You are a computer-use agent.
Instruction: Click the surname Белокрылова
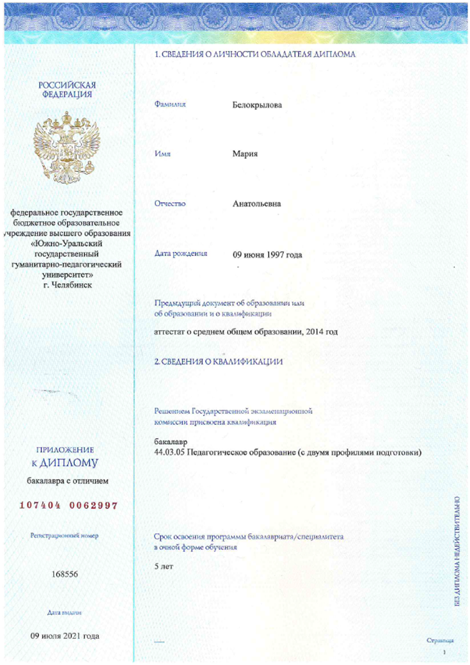pos(257,105)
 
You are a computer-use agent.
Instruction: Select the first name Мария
pos(245,154)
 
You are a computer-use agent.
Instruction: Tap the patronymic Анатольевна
pos(257,203)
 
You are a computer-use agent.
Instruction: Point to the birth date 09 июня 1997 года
pos(267,255)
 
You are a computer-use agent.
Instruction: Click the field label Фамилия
pos(170,104)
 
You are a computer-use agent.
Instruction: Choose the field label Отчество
pos(170,203)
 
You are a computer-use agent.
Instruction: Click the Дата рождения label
pos(181,253)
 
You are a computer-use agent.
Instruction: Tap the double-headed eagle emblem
pos(67,147)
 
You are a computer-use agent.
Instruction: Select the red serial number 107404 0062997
pos(68,506)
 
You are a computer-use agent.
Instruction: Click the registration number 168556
pos(65,574)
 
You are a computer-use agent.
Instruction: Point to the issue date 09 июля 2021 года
pos(65,636)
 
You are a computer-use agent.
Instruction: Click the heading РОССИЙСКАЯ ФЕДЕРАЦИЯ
pos(67,89)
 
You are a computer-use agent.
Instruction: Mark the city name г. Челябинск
pos(68,285)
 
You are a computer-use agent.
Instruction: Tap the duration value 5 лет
pos(164,566)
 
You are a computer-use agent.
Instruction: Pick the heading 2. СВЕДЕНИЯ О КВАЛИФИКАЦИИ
pos(219,361)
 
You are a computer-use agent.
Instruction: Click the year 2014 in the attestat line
pos(314,332)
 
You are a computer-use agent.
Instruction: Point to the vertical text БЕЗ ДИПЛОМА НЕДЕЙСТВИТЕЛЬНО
pos(457,551)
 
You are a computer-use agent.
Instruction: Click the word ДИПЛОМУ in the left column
pos(69,463)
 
